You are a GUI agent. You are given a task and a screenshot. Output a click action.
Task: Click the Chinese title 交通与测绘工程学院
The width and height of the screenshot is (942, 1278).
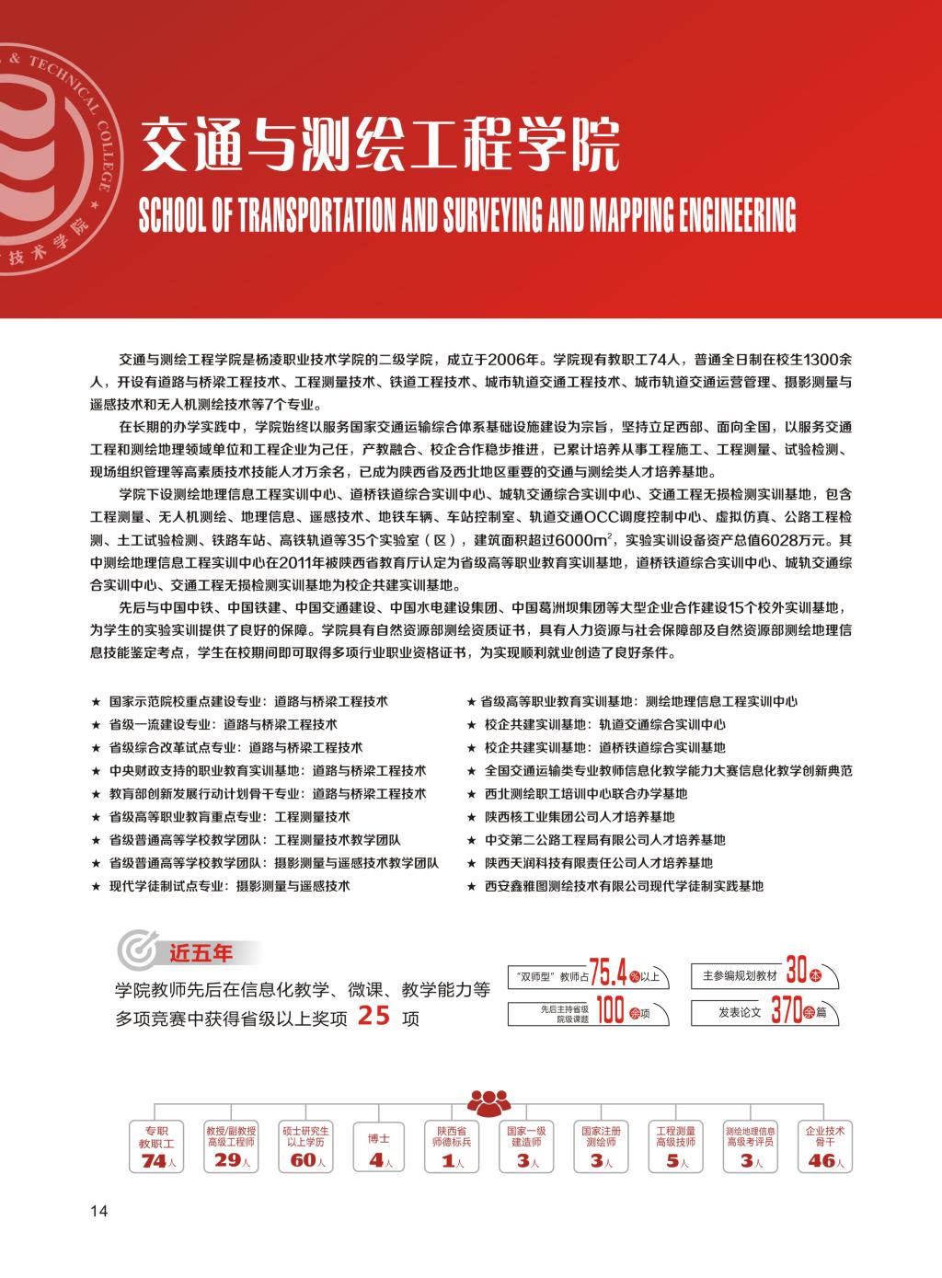tap(378, 144)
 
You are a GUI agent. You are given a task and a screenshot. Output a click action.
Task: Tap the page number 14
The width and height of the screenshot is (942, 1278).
tap(98, 1211)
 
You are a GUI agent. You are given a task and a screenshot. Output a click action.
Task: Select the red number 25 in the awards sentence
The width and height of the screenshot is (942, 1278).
tap(374, 1017)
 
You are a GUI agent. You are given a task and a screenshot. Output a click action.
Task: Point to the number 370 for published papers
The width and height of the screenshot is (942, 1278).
tap(787, 1011)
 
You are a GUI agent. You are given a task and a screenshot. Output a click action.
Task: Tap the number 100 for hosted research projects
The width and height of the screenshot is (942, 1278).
tap(610, 1011)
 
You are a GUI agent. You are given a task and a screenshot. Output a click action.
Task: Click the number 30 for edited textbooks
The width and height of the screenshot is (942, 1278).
tap(797, 972)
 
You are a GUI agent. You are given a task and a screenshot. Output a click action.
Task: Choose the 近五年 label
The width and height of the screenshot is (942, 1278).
tap(201, 953)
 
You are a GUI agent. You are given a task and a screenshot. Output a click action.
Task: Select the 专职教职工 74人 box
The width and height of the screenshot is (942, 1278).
tap(154, 1146)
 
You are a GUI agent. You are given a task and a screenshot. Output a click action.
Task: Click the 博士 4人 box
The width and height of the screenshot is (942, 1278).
tap(379, 1146)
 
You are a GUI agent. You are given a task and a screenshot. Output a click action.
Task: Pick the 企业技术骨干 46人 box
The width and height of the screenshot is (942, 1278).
tap(824, 1146)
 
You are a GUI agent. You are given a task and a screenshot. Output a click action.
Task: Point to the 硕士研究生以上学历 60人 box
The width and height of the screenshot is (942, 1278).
tap(304, 1146)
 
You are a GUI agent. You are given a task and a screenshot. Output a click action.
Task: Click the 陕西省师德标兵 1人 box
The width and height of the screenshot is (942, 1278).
tap(451, 1146)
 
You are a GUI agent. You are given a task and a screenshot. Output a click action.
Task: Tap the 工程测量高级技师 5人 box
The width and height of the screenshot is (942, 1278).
tap(675, 1146)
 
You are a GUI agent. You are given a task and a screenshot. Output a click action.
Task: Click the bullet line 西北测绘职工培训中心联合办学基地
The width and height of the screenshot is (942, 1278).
tap(586, 793)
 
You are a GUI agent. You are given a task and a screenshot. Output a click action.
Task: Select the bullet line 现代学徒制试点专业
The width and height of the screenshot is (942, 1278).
tap(229, 886)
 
